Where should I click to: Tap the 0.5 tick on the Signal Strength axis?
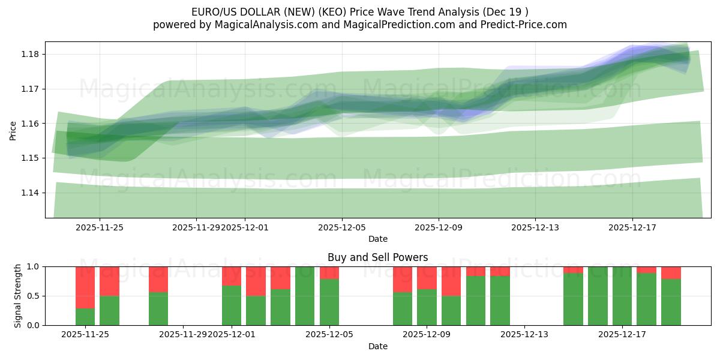[x=34, y=296]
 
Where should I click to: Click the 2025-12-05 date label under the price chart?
[x=342, y=227]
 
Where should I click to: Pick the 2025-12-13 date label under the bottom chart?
[x=524, y=334]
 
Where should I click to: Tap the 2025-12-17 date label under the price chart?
[x=632, y=227]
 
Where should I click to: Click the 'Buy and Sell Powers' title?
[x=377, y=257]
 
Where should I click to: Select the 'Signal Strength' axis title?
[x=18, y=296]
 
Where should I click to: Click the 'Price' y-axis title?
[x=13, y=130]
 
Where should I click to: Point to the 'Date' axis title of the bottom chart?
[x=377, y=346]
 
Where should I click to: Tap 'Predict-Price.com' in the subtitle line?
[x=526, y=25]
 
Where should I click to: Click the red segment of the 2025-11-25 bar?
[x=85, y=287]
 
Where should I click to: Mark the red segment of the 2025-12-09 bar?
[x=427, y=277]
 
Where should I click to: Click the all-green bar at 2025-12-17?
[x=622, y=296]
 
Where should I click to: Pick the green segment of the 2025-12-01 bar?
[x=232, y=305]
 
